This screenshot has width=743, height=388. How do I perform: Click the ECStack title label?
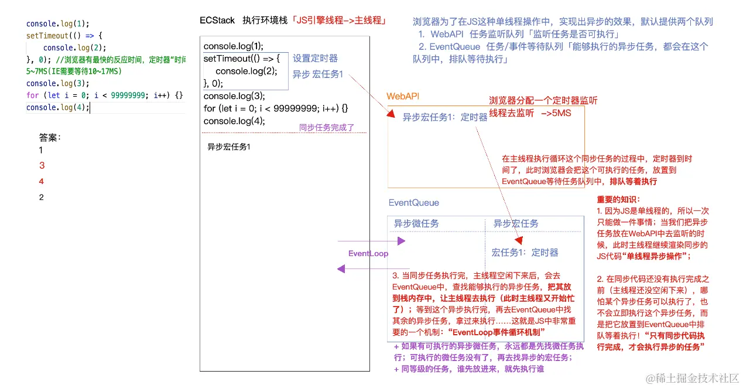[x=217, y=21]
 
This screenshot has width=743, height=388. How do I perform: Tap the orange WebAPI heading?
[x=403, y=96]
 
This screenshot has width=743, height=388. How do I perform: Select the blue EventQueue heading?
[x=413, y=203]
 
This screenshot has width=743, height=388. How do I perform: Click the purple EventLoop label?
[x=368, y=254]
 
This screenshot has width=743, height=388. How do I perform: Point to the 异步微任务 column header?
[x=416, y=223]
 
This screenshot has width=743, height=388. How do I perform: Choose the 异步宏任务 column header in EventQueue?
[x=516, y=223]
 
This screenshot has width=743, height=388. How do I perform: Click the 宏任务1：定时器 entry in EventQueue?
[x=525, y=253]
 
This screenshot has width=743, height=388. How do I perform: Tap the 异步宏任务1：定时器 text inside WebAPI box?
[x=445, y=117]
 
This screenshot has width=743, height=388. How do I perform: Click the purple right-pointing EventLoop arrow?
[x=371, y=241]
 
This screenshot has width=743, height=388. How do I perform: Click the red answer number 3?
[x=42, y=166]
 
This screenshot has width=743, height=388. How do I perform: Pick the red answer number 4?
[x=42, y=182]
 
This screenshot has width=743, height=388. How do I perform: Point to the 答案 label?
[x=50, y=138]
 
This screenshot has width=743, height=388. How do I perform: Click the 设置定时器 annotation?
[x=315, y=59]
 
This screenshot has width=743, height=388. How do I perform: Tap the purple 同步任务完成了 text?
[x=327, y=127]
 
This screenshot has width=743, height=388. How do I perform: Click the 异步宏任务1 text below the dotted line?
[x=229, y=147]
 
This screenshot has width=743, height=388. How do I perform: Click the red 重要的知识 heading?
[x=618, y=199]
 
